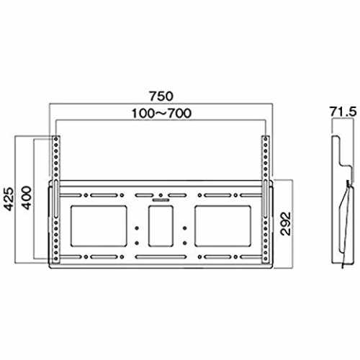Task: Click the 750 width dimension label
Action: (x=161, y=96)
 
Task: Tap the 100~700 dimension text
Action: (x=161, y=113)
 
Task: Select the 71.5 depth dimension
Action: (x=343, y=112)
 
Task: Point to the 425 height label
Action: (x=9, y=199)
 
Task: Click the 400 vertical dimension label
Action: (x=26, y=198)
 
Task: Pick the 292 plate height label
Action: (x=286, y=224)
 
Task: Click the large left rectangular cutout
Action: (x=99, y=226)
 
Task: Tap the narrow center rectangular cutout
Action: (x=161, y=226)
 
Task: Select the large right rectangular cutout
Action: (x=223, y=226)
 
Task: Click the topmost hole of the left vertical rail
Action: (x=56, y=139)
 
